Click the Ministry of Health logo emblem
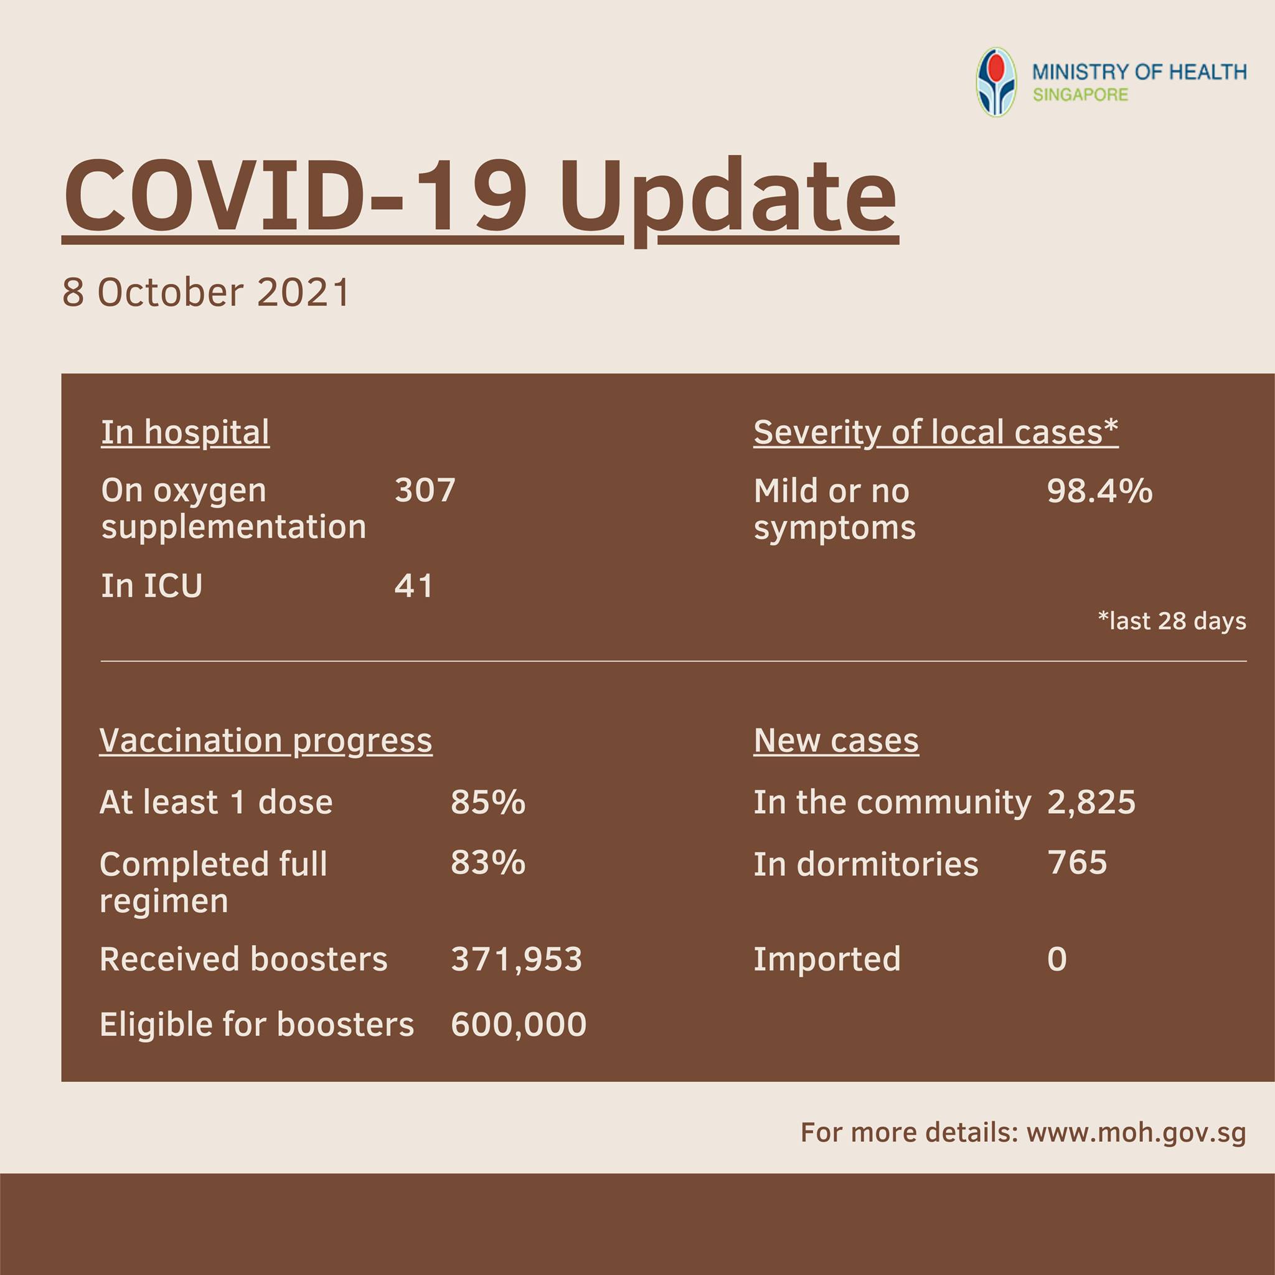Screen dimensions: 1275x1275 997,82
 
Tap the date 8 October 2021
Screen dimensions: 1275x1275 206,293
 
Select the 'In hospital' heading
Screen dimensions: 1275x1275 185,433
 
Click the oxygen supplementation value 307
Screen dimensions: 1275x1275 425,491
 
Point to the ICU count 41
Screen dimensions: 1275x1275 414,586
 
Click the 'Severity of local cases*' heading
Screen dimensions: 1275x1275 936,433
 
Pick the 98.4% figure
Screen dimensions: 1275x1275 1099,491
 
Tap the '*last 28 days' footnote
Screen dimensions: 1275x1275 1172,621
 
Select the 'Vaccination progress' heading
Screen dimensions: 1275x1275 266,741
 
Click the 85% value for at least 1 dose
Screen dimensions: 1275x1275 488,802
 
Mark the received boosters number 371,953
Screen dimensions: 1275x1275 517,959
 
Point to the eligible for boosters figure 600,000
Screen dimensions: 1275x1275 519,1025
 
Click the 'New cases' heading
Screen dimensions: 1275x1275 836,741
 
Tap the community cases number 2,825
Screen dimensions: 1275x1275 1091,802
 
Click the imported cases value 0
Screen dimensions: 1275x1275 1056,959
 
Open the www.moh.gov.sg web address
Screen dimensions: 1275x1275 1136,1133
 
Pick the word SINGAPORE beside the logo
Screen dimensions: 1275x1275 1080,95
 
